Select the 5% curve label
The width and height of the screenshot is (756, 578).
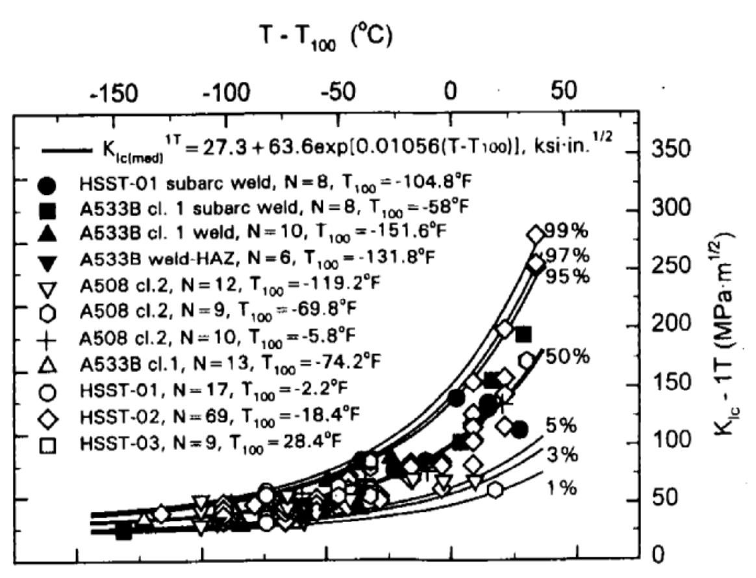click(560, 426)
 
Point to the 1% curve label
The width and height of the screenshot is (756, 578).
click(560, 488)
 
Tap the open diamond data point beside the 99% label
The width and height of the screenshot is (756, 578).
click(535, 234)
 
